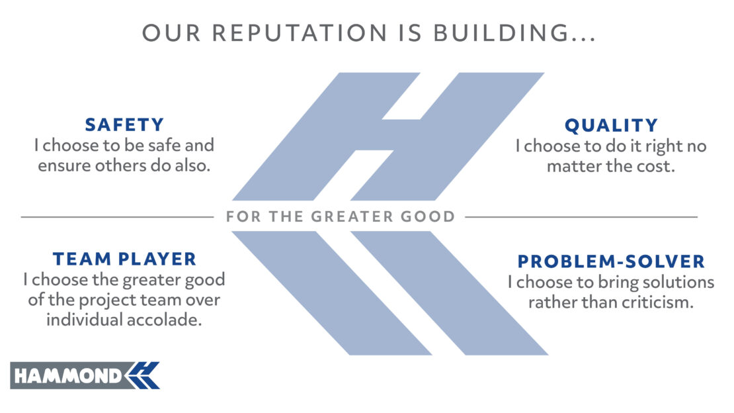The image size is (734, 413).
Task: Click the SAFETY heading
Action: coord(124,124)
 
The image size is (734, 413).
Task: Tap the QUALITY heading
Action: coord(611,126)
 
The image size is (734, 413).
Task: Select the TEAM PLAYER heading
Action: coord(124,259)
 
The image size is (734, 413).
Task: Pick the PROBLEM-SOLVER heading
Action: coord(611,261)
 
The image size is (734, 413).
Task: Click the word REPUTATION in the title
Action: coord(300,33)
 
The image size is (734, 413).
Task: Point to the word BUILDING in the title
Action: coord(501,33)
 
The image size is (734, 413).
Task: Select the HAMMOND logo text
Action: coord(68,376)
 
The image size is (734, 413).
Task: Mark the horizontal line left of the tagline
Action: coord(117,217)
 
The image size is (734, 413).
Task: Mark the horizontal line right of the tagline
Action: coord(581,217)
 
